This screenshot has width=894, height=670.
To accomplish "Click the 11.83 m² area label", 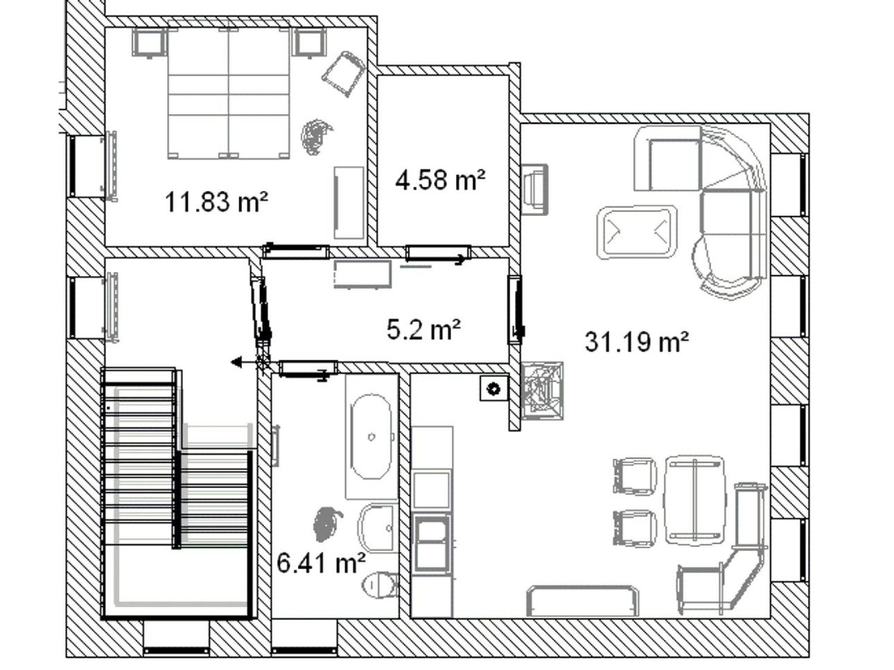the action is [x=216, y=202].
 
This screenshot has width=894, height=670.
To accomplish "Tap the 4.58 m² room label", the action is [x=440, y=180].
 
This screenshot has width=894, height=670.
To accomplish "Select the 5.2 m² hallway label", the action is [x=423, y=329].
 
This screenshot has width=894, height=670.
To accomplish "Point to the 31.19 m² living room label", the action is [x=637, y=342].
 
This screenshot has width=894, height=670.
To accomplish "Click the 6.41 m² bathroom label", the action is [x=321, y=563].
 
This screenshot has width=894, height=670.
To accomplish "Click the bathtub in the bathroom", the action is [x=371, y=437].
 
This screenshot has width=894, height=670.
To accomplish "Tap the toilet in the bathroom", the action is [x=380, y=586].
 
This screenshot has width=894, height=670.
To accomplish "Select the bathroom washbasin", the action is [x=376, y=527].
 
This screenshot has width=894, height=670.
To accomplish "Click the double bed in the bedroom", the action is [x=229, y=93].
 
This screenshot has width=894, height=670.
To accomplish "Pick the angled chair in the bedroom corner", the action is [x=343, y=73].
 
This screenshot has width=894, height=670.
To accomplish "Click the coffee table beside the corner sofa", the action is [x=637, y=233].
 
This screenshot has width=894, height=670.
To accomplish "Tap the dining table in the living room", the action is [x=695, y=500].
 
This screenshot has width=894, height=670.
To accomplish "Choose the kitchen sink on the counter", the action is [x=432, y=541].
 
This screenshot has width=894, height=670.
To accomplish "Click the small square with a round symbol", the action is [x=493, y=388].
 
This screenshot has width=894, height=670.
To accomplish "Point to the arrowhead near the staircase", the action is [x=236, y=361].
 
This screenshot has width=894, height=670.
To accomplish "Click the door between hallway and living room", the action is [x=515, y=309].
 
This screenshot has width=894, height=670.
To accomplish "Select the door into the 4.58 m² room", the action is [x=438, y=254].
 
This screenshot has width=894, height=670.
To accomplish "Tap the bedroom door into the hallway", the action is [x=296, y=251].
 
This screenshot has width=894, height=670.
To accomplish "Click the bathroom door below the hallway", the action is [x=308, y=368].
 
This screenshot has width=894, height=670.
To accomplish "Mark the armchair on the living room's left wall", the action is [x=534, y=189].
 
